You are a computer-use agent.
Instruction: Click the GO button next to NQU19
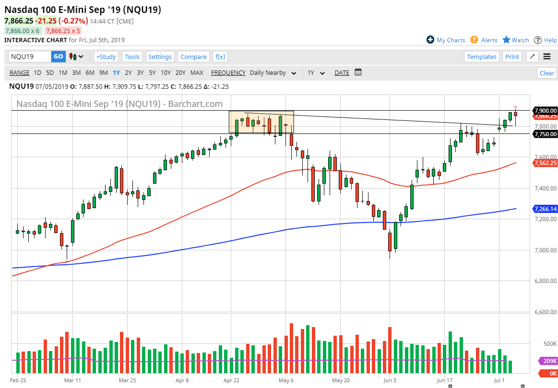tap(58, 57)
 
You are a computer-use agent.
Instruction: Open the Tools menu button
tap(132, 57)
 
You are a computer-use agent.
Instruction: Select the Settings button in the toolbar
tap(160, 57)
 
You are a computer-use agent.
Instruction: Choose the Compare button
tap(193, 57)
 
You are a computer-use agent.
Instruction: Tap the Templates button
tap(482, 57)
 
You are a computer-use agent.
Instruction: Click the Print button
tap(512, 57)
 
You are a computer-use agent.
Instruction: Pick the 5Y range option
tap(152, 73)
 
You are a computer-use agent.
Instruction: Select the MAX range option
tap(197, 73)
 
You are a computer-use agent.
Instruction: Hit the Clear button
tap(547, 73)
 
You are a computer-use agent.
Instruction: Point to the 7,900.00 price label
tap(545, 110)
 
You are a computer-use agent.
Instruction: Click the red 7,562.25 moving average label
tap(545, 163)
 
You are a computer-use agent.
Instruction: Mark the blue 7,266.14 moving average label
tap(545, 209)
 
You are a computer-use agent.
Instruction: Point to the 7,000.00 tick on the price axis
tap(545, 250)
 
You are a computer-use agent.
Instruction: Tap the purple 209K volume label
tap(548, 361)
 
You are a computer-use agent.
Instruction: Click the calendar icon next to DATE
tap(358, 72)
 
